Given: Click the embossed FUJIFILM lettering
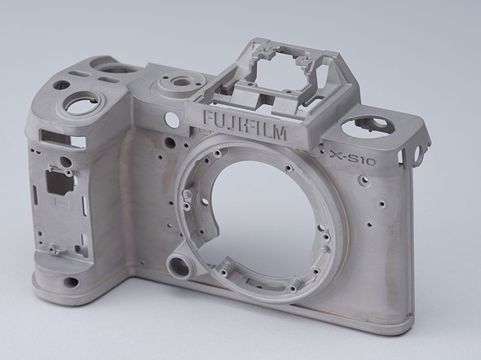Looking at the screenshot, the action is point(245,125).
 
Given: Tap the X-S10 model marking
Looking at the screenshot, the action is point(352,157).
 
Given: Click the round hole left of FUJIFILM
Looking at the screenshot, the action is point(172,119).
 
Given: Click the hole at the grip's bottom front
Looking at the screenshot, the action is point(71,282).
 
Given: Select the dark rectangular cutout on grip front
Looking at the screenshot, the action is point(60,182).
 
